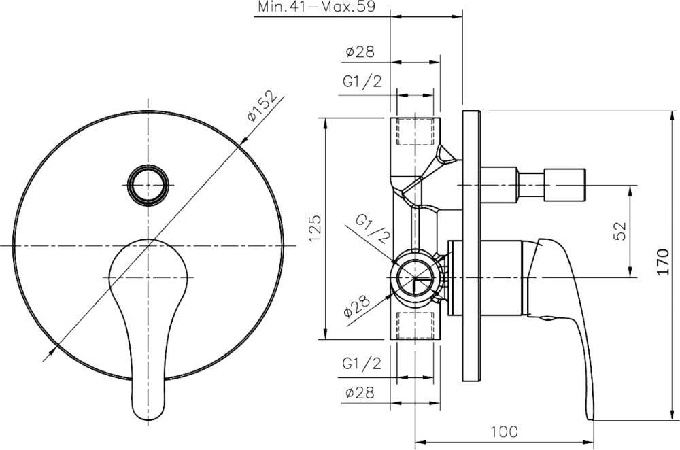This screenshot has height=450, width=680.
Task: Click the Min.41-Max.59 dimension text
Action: pyautogui.click(x=317, y=7)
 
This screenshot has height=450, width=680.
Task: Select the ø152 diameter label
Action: pyautogui.click(x=262, y=106)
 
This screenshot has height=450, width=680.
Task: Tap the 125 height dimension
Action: pyautogui.click(x=315, y=228)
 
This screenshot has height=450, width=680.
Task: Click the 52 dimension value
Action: pyautogui.click(x=620, y=231)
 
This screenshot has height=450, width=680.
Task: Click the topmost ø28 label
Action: pyautogui.click(x=360, y=52)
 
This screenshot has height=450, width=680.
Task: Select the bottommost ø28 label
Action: pyautogui.click(x=360, y=393)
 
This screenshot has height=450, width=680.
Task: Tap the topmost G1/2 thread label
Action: pyautogui.click(x=362, y=81)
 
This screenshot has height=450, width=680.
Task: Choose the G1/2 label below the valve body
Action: pyautogui.click(x=362, y=363)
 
